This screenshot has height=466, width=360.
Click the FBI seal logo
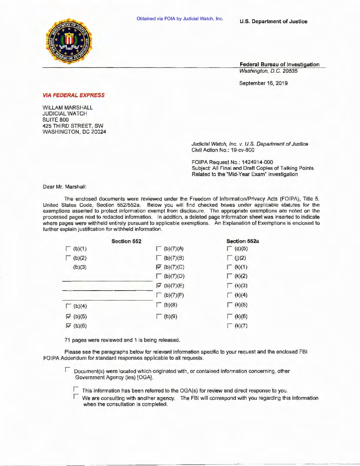pos(69,41)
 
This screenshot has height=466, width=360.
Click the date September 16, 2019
pos(263,83)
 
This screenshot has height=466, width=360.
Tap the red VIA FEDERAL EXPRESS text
pos(73,95)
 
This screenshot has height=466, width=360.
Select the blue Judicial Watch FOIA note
pos(180,19)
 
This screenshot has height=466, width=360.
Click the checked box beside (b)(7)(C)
pos(159,267)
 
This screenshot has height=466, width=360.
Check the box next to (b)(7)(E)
pos(159,286)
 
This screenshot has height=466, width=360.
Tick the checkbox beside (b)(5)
pos(68,316)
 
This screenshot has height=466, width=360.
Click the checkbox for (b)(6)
pos(68,326)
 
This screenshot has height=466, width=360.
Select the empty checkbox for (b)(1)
pos(68,249)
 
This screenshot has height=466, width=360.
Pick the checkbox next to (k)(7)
pos(230,326)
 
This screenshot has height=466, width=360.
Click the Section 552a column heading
pos(243,241)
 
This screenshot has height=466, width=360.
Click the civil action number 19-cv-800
pos(243,150)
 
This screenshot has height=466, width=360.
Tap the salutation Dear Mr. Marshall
pos(65,187)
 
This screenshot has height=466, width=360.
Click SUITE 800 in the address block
pos(56,120)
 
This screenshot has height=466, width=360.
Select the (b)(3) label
pos(80,267)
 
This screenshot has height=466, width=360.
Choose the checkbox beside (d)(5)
pos(230,249)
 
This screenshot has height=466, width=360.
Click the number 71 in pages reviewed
pos(67,340)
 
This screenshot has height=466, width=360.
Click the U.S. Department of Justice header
pos(273,22)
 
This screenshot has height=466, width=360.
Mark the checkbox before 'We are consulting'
pos(76,396)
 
